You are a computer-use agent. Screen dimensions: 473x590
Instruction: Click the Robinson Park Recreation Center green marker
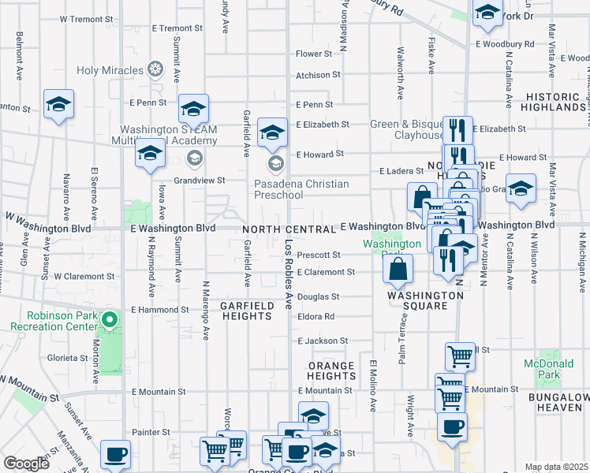[x=110, y=320]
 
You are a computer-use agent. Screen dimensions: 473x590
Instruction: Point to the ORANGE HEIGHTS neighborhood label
[x=331, y=371]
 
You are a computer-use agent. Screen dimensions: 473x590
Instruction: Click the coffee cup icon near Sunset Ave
[x=116, y=454]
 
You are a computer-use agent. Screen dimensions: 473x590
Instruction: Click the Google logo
[x=25, y=464]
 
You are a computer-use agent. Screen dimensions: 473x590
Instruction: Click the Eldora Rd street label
[x=317, y=316]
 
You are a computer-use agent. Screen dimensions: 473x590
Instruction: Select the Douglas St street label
[x=318, y=297]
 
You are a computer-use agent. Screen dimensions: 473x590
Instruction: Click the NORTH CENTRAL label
[x=289, y=229]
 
